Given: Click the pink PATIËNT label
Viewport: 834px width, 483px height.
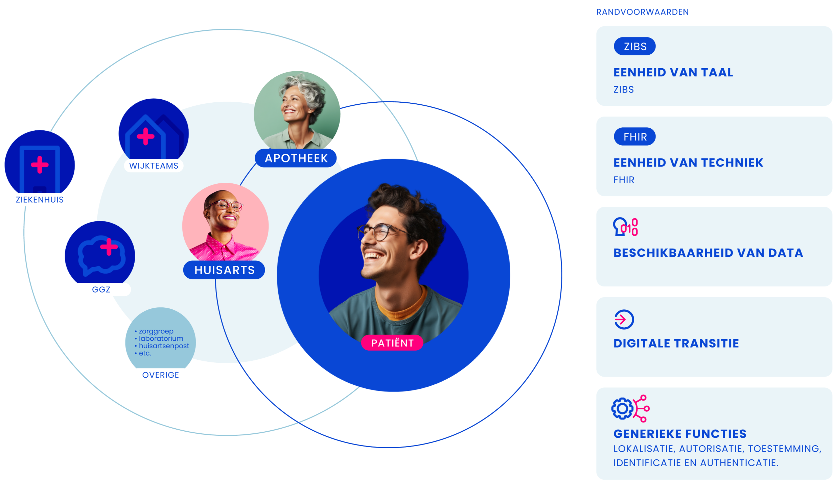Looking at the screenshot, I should pyautogui.click(x=392, y=343).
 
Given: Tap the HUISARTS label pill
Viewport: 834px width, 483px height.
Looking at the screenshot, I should pyautogui.click(x=224, y=270).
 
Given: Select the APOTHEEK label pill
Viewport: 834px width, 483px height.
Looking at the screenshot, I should pyautogui.click(x=296, y=158).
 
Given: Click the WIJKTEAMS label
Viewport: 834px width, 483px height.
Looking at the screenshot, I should pyautogui.click(x=154, y=166).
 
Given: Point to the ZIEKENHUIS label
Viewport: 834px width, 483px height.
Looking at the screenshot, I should pyautogui.click(x=40, y=200).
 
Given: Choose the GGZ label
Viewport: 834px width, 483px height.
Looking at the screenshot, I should pyautogui.click(x=101, y=289).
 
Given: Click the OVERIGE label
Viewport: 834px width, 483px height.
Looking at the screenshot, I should pyautogui.click(x=160, y=375).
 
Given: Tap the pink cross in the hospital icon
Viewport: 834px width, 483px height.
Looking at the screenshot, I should pyautogui.click(x=40, y=165).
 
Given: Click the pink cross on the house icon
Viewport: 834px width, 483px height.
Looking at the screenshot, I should pyautogui.click(x=145, y=136).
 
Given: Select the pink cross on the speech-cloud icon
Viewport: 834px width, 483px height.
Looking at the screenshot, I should pyautogui.click(x=109, y=247).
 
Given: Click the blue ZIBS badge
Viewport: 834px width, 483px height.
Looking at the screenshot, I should pyautogui.click(x=634, y=46).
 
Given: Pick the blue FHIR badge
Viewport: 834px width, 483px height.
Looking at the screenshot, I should pyautogui.click(x=634, y=137).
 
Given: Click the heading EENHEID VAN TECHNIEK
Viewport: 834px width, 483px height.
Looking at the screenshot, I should pyautogui.click(x=688, y=163).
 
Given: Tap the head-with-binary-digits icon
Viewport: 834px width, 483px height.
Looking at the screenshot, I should pyautogui.click(x=625, y=227).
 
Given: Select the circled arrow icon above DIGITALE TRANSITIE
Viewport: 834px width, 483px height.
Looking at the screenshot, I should pyautogui.click(x=624, y=319).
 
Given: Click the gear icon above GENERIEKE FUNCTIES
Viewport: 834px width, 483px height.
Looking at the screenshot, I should pyautogui.click(x=622, y=409).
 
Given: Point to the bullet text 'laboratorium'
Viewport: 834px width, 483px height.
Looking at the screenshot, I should pyautogui.click(x=161, y=338).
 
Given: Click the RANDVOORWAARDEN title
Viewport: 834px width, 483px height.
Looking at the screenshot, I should pyautogui.click(x=642, y=12).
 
